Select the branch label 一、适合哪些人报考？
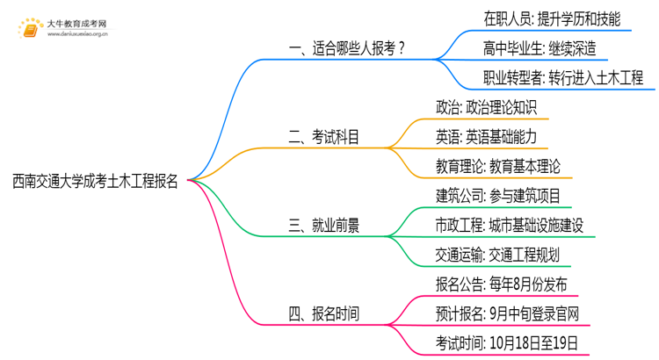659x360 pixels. coord(348,48)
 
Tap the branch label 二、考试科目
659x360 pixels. coord(323,136)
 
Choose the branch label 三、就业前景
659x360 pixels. coord(323,225)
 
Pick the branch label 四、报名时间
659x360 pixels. coord(323,313)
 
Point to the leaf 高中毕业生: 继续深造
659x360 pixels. coord(538,47)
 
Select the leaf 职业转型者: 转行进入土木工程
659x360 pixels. coord(563,77)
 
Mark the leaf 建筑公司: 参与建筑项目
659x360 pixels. coord(497,195)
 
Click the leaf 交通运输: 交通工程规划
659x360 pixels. coord(497,255)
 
